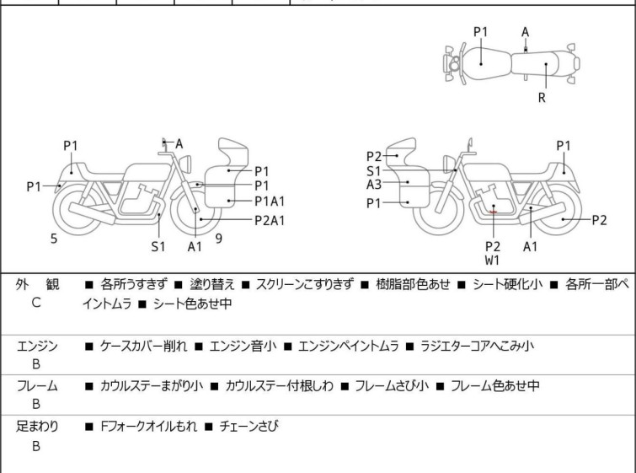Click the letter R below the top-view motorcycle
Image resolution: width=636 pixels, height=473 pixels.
click(542, 98)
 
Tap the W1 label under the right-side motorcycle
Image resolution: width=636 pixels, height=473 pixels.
click(493, 261)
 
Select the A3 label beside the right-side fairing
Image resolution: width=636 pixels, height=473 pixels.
click(374, 185)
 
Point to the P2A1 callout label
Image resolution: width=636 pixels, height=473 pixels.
click(270, 220)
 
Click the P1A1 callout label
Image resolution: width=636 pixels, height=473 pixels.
click(270, 202)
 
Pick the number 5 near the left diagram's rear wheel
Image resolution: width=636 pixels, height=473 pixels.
click(54, 239)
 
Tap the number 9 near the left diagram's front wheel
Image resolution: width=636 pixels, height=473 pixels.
click(219, 239)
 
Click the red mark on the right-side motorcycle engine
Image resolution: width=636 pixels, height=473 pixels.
click(494, 212)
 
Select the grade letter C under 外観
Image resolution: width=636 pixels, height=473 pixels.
click(36, 303)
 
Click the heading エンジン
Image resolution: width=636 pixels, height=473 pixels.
click(37, 347)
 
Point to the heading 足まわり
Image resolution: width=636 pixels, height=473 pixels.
click(37, 427)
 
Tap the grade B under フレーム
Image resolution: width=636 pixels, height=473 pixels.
click(36, 405)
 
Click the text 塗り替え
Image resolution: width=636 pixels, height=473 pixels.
click(212, 284)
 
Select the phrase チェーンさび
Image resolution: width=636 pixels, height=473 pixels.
click(249, 427)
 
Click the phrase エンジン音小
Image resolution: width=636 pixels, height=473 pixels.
click(243, 347)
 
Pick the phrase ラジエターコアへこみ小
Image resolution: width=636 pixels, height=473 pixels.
click(477, 346)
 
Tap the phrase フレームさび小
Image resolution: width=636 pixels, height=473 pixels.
click(392, 385)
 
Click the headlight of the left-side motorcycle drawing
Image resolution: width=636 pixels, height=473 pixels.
click(185, 164)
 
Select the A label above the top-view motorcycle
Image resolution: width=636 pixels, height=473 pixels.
click(526, 32)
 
